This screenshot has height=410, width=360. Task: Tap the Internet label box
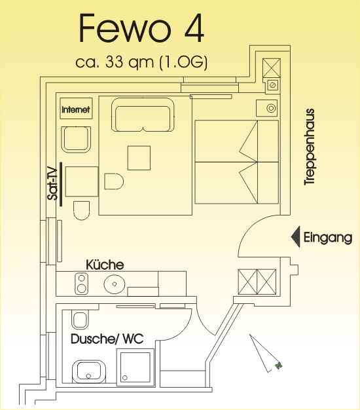point(76,109)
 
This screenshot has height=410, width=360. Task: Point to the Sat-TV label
point(52,184)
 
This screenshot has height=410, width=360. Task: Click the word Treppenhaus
point(310,147)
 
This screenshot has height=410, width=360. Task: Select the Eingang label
point(328,238)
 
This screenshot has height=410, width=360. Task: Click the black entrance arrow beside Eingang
point(295,236)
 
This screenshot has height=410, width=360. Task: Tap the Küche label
point(105,265)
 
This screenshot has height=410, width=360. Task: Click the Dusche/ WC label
point(107,339)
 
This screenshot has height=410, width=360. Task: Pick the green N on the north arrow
point(278,365)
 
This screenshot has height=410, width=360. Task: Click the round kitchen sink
point(115,284)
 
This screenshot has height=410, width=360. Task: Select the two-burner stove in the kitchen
point(82,284)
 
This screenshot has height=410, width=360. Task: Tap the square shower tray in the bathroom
point(135,367)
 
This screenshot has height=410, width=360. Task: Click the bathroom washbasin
point(89,371)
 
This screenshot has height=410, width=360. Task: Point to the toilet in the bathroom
point(81,319)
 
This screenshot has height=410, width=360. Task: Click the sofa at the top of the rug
point(143,115)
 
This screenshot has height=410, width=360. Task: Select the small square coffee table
point(139,158)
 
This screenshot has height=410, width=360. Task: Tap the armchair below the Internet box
point(76,140)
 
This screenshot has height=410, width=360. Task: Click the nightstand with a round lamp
point(267,108)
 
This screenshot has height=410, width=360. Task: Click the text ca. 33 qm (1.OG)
point(141,62)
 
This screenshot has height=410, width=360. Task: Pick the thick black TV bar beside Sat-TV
point(61,184)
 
